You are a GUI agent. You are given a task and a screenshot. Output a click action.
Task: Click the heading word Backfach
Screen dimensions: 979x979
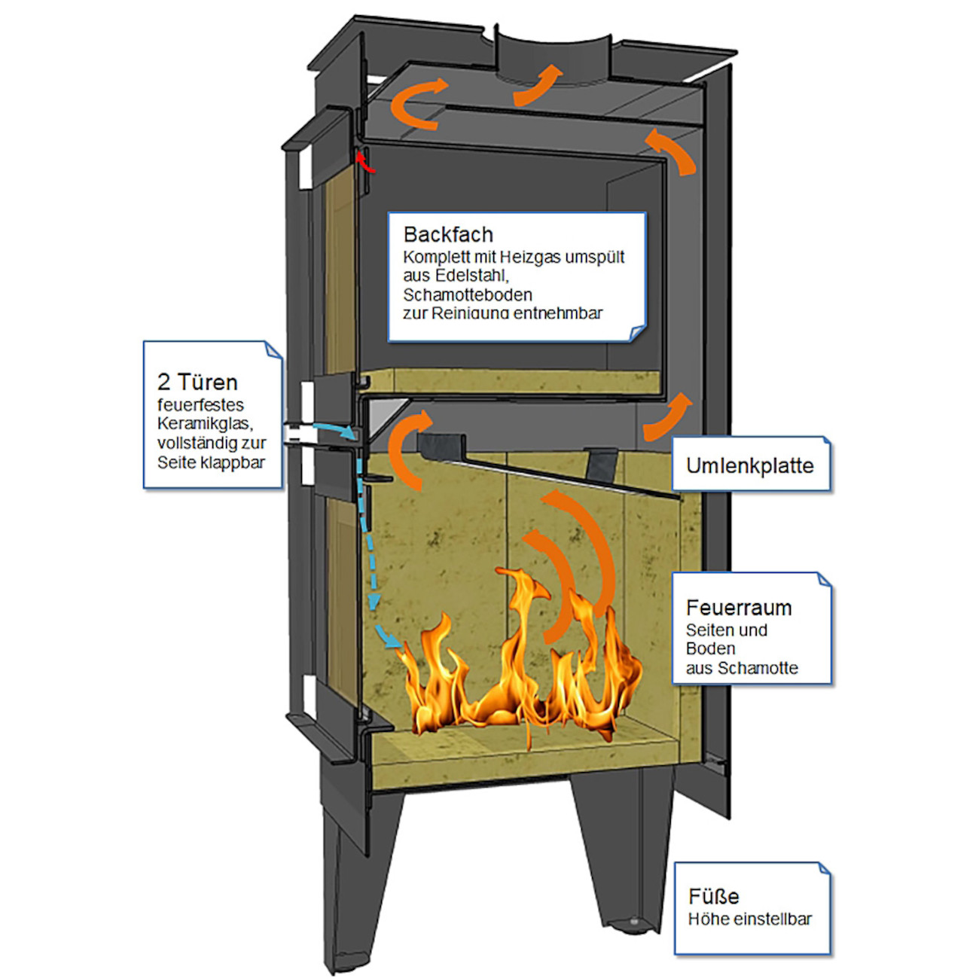click(448, 235)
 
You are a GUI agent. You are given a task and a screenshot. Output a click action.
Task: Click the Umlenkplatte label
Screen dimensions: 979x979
click(749, 465)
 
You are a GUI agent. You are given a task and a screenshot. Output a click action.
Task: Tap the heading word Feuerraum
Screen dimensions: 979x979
click(738, 608)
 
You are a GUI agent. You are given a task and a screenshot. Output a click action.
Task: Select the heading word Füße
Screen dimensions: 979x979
click(713, 896)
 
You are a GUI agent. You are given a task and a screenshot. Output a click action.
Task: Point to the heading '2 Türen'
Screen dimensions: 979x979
click(197, 382)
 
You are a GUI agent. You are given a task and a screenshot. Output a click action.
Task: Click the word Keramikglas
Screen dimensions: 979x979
click(204, 423)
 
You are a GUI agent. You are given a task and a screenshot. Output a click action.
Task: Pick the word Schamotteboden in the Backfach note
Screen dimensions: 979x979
click(467, 294)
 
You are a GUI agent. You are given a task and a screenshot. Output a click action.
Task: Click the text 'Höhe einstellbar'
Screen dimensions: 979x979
click(749, 919)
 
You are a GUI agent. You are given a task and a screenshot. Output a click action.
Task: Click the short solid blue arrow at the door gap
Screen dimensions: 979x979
click(335, 430)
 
